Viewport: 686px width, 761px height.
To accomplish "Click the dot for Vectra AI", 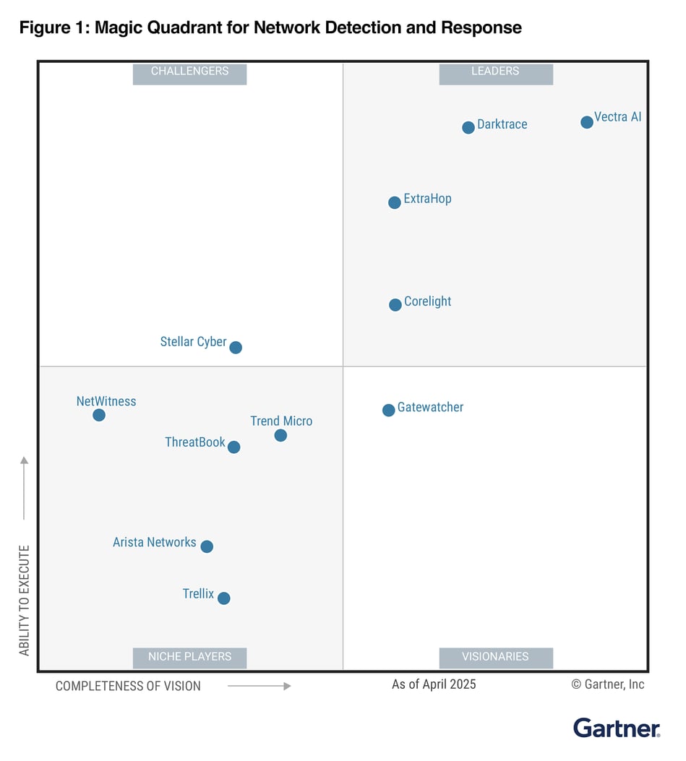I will [x=587, y=122].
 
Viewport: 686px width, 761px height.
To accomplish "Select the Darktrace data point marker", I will [x=468, y=128].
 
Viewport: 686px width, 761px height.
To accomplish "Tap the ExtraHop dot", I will [x=395, y=202].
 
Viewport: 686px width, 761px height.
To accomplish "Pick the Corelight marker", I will [x=395, y=305].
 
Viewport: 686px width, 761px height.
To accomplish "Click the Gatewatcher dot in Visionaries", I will [x=389, y=410].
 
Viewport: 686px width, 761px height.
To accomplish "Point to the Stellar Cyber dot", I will [x=236, y=348].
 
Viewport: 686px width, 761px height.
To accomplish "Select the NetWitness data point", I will [x=99, y=415].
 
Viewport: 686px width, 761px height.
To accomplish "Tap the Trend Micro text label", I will [x=281, y=421].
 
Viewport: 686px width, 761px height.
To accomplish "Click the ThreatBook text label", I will [x=195, y=442].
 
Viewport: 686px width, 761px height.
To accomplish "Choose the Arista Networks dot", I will [x=207, y=546].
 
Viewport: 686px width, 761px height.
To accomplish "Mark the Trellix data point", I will [x=224, y=598].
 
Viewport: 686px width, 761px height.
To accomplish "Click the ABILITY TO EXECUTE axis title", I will [x=25, y=600].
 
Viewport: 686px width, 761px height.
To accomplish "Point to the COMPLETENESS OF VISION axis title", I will [x=128, y=686].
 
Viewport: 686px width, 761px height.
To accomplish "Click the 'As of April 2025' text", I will [x=434, y=684].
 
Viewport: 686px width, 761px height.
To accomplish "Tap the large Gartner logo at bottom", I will [x=617, y=728].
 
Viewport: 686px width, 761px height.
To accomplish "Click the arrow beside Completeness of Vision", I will [x=259, y=686].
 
